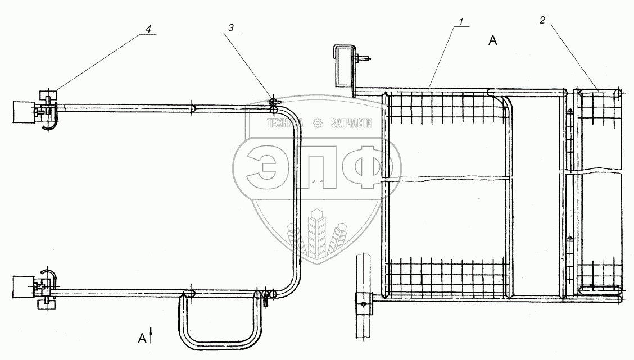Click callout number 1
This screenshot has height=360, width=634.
pos(461,21)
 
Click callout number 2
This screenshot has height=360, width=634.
pos(542,20)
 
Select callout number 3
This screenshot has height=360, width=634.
pos(231,28)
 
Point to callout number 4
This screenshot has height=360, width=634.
pos(148,29)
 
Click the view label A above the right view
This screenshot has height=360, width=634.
pos(492,40)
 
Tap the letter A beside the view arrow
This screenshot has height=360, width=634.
pos(142,338)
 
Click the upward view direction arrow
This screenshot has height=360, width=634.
pos(151,336)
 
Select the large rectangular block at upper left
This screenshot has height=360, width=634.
pos(24,112)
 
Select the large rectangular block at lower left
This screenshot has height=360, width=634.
pos(24,288)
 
